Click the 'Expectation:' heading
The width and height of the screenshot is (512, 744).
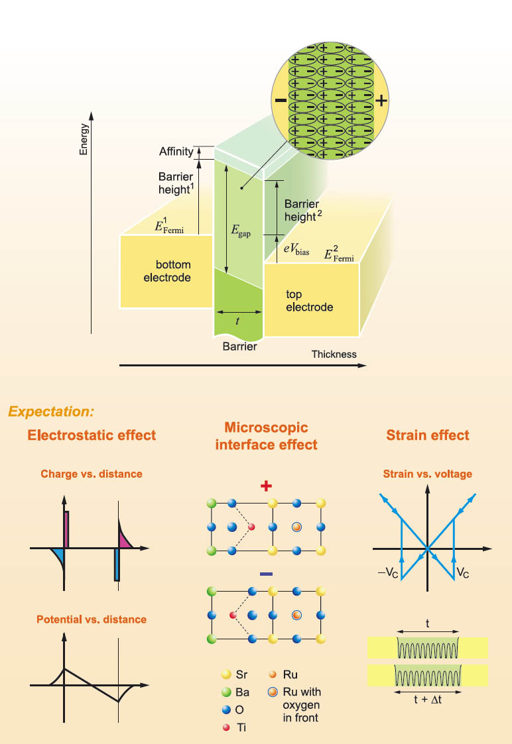51,411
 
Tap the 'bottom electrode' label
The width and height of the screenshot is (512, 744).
167,272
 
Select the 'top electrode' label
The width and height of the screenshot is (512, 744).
309,301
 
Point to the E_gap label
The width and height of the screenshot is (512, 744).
239,231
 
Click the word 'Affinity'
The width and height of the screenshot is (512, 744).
176,152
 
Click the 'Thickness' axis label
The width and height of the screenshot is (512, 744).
334,354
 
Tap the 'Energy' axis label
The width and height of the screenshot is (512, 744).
84,139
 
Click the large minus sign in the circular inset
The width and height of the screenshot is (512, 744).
281,102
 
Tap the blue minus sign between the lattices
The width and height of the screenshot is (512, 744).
266,574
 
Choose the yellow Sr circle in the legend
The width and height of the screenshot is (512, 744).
224,676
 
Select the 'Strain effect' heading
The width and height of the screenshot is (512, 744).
428,435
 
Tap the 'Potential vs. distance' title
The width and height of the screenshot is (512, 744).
92,619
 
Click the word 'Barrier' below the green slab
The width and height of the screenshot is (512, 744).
239,346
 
